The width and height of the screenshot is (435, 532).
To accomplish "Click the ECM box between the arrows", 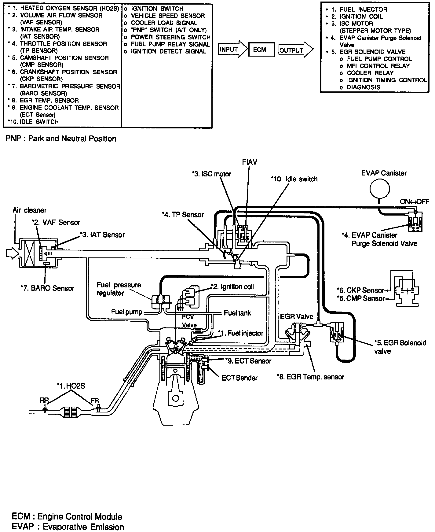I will pyautogui.click(x=259, y=49).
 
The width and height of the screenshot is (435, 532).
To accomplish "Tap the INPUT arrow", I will pyautogui.click(x=232, y=49).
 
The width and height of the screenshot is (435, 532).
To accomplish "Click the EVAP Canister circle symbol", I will pyautogui.click(x=379, y=189).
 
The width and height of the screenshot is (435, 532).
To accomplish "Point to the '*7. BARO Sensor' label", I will pyautogui.click(x=47, y=288).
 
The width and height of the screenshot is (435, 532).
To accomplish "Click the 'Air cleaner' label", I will pyautogui.click(x=29, y=210).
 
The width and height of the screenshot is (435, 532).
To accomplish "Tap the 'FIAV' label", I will pyautogui.click(x=249, y=162).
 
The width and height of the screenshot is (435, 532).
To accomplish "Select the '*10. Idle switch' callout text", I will pyautogui.click(x=294, y=179).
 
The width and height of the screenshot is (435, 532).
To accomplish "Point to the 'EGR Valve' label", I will pyautogui.click(x=296, y=316).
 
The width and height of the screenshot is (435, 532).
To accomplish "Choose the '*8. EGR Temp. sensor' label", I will pyautogui.click(x=310, y=377).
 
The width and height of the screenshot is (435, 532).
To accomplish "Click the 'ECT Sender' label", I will pyautogui.click(x=239, y=378).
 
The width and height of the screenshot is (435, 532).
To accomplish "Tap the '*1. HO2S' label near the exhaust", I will pyautogui.click(x=71, y=386).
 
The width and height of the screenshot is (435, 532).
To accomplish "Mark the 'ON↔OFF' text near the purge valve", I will pyautogui.click(x=415, y=202).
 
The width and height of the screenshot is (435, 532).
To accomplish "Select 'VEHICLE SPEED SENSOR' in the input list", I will pyautogui.click(x=168, y=16).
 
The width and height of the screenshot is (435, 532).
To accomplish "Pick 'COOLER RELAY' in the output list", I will pyautogui.click(x=370, y=73).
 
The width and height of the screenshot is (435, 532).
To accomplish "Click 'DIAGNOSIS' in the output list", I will pyautogui.click(x=364, y=87).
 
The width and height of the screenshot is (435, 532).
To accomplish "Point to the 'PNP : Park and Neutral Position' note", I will pyautogui.click(x=61, y=139).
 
